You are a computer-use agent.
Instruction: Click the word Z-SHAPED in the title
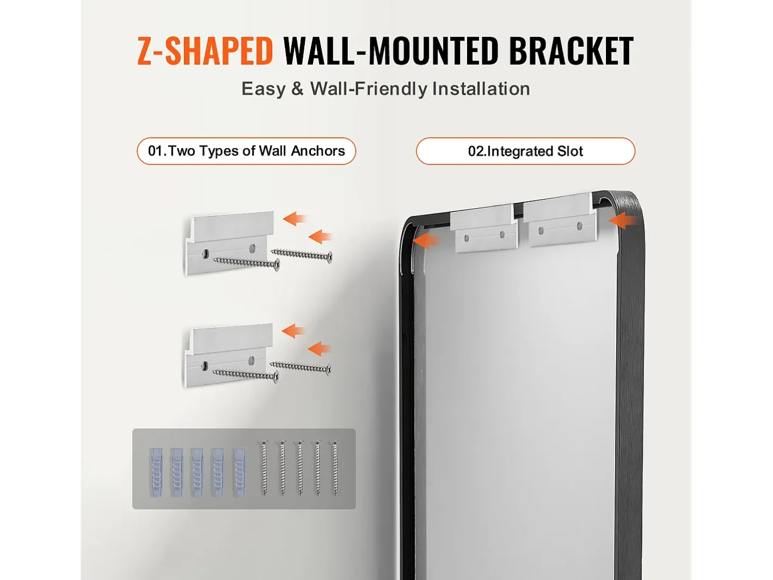coord(205,51)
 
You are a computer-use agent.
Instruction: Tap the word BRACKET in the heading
coord(571,51)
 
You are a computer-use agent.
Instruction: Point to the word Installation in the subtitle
coord(481,89)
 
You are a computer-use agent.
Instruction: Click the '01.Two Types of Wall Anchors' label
coord(246,151)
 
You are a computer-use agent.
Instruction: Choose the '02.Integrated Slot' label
coord(525,151)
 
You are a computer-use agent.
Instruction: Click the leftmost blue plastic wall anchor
coord(156,472)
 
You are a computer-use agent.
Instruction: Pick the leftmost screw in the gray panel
coord(265,468)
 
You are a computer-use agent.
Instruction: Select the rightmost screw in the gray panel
coord(335,468)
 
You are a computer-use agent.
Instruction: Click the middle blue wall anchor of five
coord(198,472)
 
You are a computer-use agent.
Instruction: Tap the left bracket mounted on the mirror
coord(484,229)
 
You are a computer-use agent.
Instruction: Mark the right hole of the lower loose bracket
coord(251,360)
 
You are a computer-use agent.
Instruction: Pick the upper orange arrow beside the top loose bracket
coord(295,219)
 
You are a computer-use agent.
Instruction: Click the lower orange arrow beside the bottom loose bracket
coord(319,349)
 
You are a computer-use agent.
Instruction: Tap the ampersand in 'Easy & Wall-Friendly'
coord(297,89)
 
